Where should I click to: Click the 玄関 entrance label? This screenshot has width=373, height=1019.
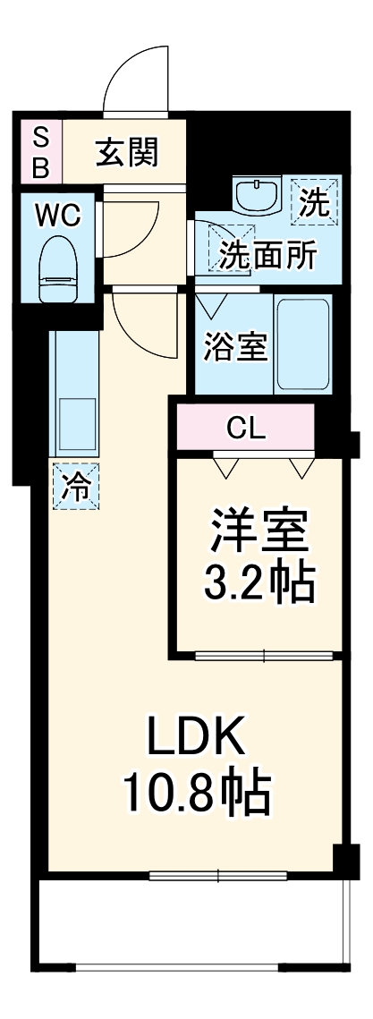[x=126, y=152]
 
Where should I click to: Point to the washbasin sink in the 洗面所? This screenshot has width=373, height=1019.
[x=259, y=194]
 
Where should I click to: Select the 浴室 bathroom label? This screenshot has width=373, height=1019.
[x=235, y=346]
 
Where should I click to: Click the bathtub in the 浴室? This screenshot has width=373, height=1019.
[x=303, y=344]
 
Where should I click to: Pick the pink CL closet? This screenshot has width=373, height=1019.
[x=245, y=429]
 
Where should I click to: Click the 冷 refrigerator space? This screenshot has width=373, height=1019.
[x=75, y=486]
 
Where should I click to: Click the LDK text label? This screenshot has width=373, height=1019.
[x=195, y=739]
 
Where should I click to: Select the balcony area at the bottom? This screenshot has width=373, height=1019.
[x=189, y=930]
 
